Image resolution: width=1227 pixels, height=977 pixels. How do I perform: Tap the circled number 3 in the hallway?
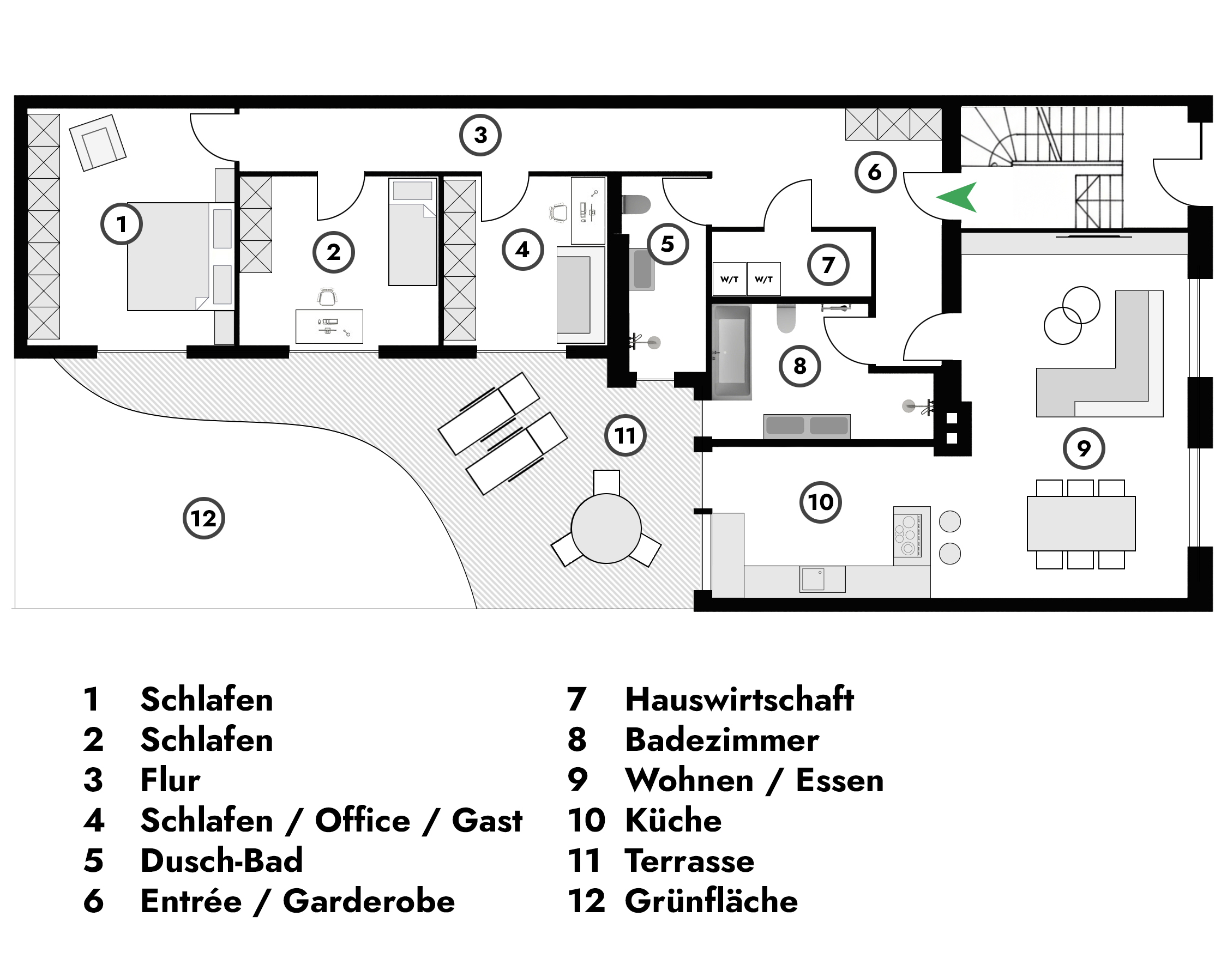480,135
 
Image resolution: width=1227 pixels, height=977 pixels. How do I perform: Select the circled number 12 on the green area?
204,518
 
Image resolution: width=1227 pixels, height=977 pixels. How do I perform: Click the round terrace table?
606,529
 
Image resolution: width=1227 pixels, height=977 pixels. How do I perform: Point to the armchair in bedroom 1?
97,142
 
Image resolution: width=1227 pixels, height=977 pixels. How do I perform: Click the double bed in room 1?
171,256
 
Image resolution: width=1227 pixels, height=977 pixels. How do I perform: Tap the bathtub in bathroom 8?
731,351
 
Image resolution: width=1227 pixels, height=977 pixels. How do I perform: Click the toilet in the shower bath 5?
636,205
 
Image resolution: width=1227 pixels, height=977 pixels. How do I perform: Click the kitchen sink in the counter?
813,579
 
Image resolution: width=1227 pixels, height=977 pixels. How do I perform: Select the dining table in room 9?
1081,523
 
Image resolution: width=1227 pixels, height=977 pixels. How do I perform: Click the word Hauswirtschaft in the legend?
739,699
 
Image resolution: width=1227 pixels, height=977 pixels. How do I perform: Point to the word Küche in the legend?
673,820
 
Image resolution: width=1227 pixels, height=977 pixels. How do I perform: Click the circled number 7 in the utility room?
828,265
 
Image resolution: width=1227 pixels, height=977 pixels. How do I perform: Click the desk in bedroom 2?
329,326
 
